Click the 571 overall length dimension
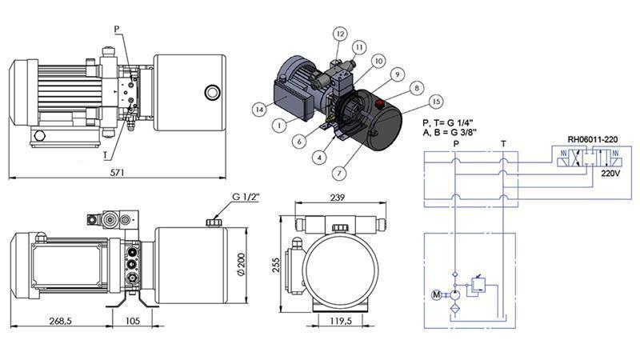pyautogui.click(x=118, y=171)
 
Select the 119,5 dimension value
pyautogui.click(x=342, y=322)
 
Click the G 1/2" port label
pyautogui.click(x=247, y=198)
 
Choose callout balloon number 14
pyautogui.click(x=258, y=109)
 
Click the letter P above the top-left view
pyautogui.click(x=117, y=29)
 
